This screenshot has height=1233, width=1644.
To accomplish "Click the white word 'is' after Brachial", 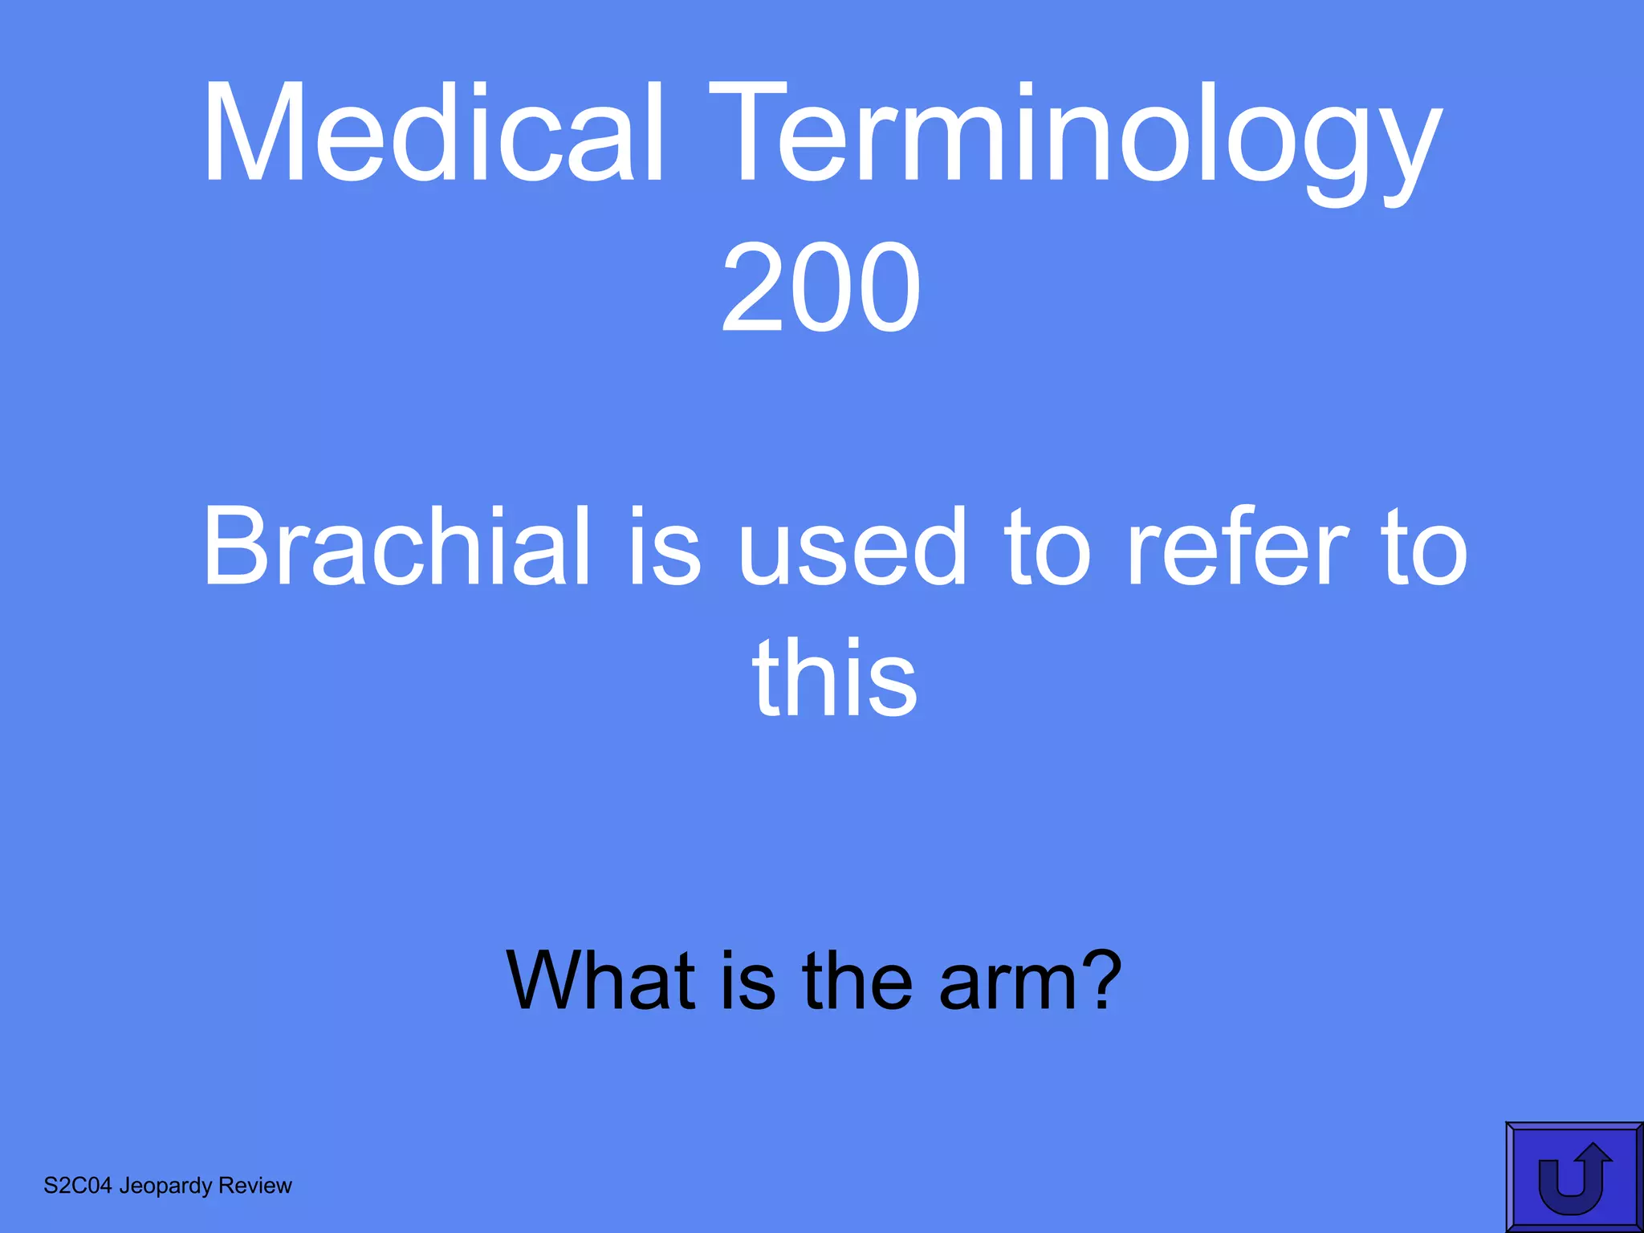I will [665, 547].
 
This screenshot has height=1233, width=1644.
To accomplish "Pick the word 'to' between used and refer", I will [1047, 549].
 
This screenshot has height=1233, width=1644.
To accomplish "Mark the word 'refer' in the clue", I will [1236, 547].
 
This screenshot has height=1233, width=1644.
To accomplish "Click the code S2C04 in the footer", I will [77, 1186].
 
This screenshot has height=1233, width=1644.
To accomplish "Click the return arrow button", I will [1573, 1177].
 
